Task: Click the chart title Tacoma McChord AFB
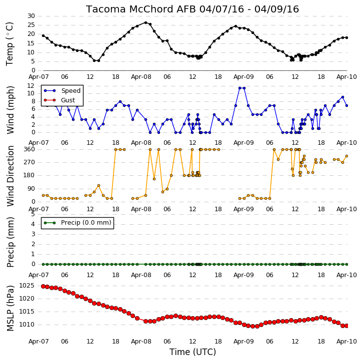coord(141,9)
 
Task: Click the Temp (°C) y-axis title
coord(10,44)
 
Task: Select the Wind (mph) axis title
coord(10,110)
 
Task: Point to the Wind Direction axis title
coord(10,176)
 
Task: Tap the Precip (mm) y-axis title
coord(10,242)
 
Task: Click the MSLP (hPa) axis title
coord(10,308)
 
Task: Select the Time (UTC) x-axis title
coord(192,352)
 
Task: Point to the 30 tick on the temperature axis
coord(31,16)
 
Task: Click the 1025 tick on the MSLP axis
coord(26,286)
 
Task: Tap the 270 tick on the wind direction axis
coord(29,162)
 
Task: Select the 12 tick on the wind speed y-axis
coord(30,86)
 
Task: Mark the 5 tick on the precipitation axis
coord(33,214)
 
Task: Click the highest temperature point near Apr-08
coord(145,22)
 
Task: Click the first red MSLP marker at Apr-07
coord(43,286)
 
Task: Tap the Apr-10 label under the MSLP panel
coord(346,341)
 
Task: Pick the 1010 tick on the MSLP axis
coord(26,325)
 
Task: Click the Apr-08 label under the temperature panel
coord(141,77)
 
